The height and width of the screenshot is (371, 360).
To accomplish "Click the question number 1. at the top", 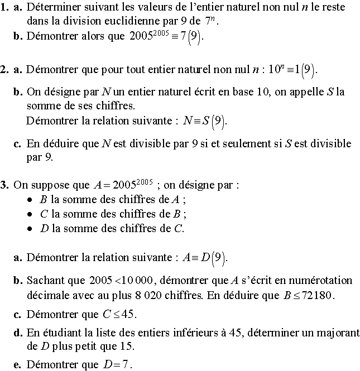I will pos(5,7).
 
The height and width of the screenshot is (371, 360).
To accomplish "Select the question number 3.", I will pos(5,185).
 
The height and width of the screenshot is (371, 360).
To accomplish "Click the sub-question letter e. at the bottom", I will pos(18,365).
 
